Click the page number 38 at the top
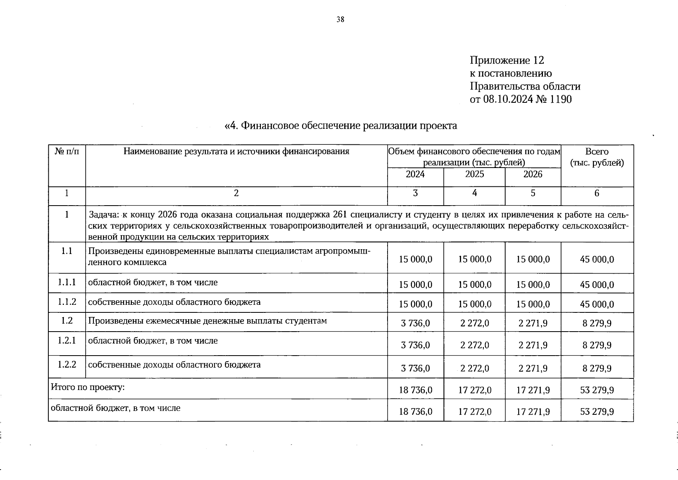[x=340, y=19]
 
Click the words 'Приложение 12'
[x=507, y=60]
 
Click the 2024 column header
[x=415, y=174]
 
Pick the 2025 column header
[x=474, y=174]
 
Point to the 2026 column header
[x=533, y=174]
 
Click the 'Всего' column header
[x=596, y=152]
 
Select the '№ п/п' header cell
[x=67, y=152]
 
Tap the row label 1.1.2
[x=67, y=302]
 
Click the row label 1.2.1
[x=67, y=341]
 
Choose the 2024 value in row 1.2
[x=415, y=323]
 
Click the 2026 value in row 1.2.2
[x=533, y=368]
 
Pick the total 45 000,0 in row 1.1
[x=596, y=260]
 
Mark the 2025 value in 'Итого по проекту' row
[x=474, y=390]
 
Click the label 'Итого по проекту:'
[x=88, y=388]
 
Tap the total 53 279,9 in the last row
[x=596, y=412]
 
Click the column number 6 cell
[x=596, y=194]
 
